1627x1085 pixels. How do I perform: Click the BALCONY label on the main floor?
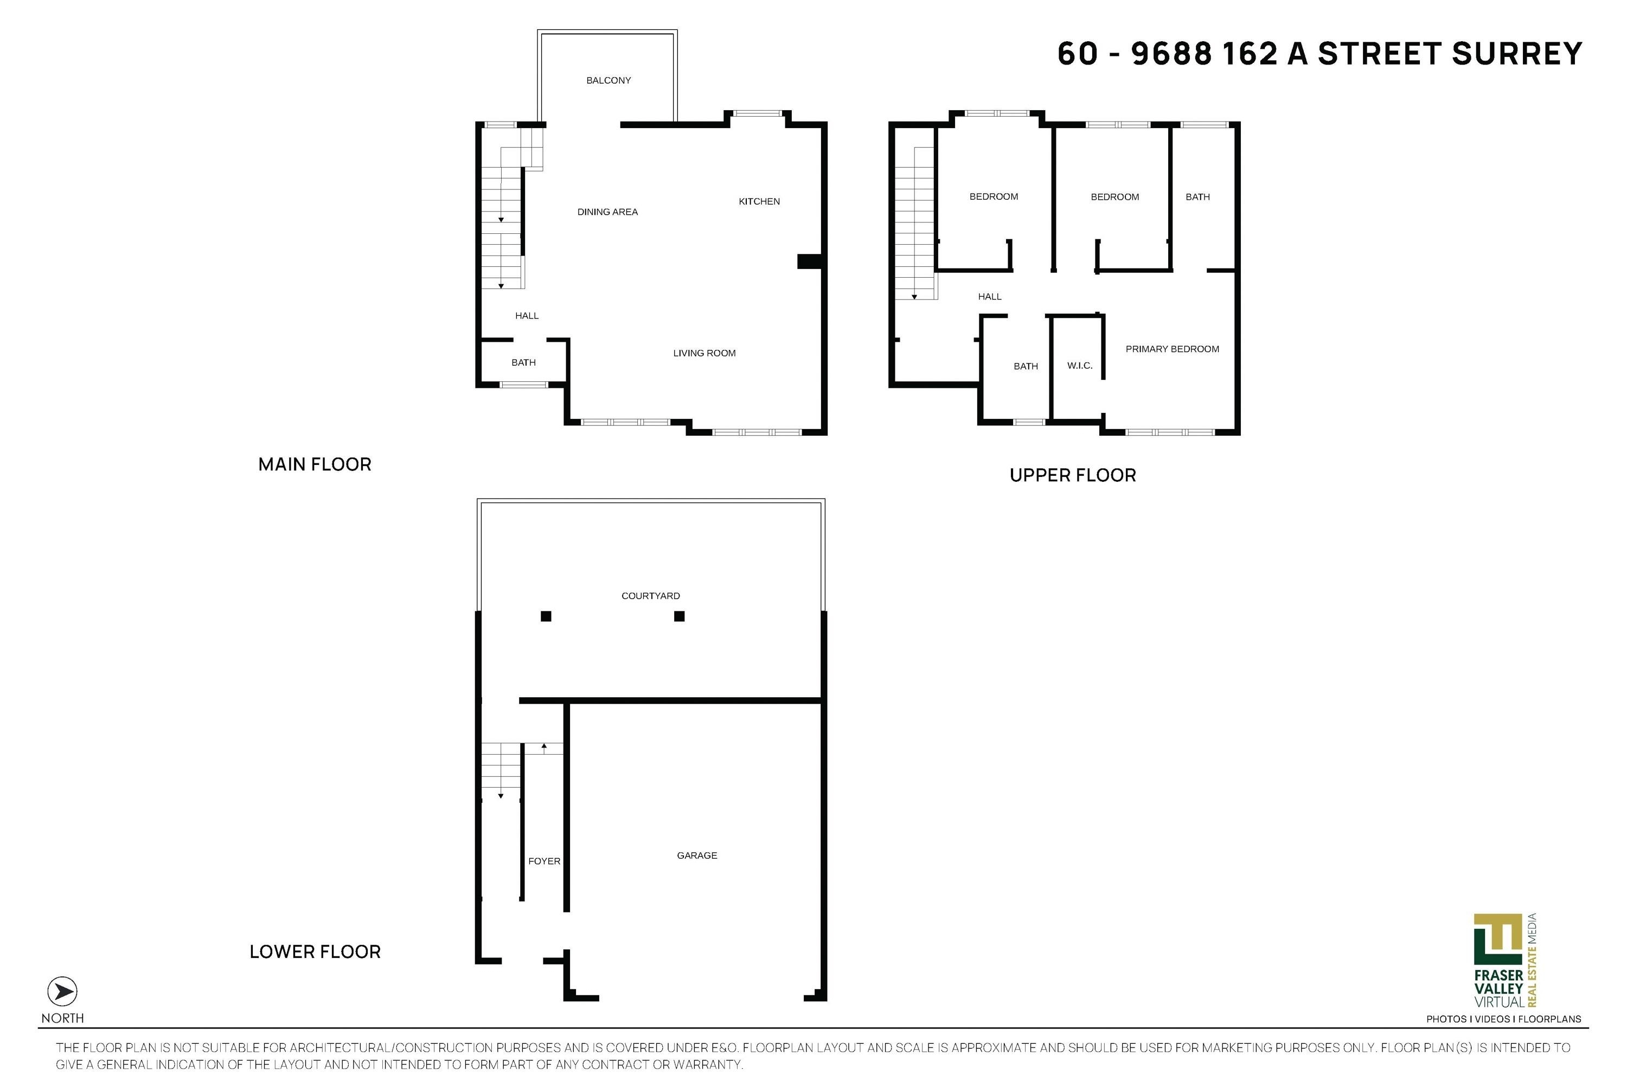click(x=608, y=80)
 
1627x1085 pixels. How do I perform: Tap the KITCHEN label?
click(x=759, y=201)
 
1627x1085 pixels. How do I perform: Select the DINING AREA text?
click(x=607, y=212)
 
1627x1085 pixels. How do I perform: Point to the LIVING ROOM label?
click(x=704, y=353)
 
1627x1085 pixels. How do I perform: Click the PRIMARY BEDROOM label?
click(x=1172, y=349)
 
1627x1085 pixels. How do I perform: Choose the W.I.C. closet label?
click(x=1079, y=365)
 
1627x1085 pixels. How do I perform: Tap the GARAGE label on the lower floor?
click(x=696, y=856)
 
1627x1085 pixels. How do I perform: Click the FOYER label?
click(x=544, y=861)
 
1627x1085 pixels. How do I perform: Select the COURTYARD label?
click(x=650, y=596)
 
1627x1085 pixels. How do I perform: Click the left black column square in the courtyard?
click(x=546, y=616)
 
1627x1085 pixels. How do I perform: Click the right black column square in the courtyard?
click(x=680, y=616)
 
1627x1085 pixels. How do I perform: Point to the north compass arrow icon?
click(x=62, y=992)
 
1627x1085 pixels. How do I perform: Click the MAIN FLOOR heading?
click(x=315, y=464)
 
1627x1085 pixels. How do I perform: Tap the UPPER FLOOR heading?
click(x=1072, y=475)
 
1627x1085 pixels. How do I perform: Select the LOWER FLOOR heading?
click(x=315, y=952)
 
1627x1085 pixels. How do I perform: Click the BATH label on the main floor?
click(x=524, y=362)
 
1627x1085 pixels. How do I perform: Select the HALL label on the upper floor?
click(x=989, y=296)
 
